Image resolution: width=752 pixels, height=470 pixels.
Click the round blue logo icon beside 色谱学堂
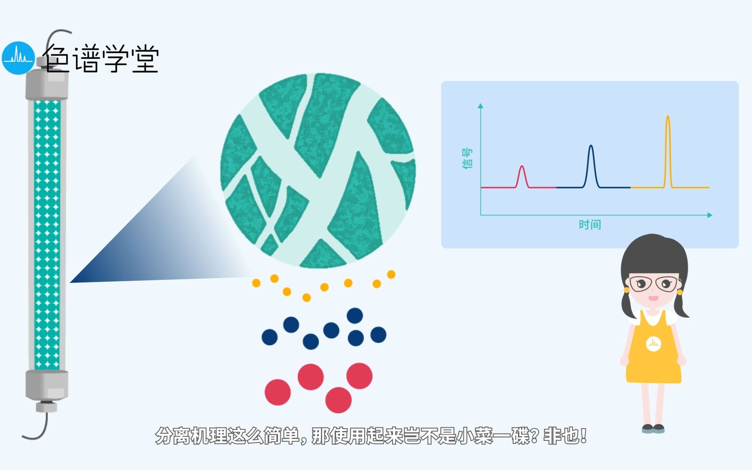(18, 58)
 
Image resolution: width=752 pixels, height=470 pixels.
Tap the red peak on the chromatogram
(522, 175)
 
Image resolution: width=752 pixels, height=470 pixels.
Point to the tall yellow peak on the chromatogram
(668, 144)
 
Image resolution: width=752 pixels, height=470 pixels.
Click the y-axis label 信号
(467, 158)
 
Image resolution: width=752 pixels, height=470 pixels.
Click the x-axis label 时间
(590, 225)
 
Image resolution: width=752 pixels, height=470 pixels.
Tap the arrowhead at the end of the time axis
(709, 215)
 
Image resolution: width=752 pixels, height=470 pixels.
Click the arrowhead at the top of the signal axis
(480, 106)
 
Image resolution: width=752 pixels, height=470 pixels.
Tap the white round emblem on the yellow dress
(653, 343)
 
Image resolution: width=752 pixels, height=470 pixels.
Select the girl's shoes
(653, 429)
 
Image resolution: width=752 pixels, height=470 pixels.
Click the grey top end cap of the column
(47, 85)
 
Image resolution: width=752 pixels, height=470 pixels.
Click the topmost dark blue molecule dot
(355, 315)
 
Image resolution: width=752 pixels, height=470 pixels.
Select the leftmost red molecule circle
(278, 392)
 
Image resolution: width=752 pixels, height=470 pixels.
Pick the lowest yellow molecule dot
(306, 298)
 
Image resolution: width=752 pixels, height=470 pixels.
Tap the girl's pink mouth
(653, 298)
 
